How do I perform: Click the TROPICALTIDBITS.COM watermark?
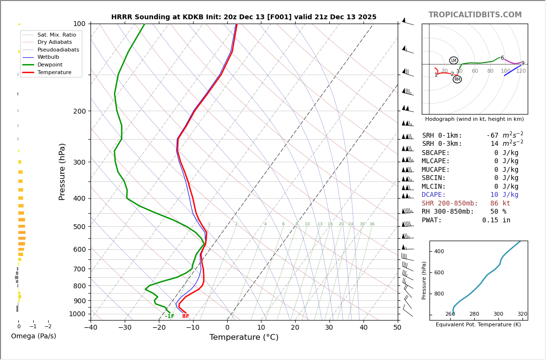(x=475, y=15)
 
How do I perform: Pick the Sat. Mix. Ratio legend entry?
(x=56, y=35)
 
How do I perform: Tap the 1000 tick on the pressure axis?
(x=77, y=314)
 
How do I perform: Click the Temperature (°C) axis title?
(x=244, y=337)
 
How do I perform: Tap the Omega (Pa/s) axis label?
(x=34, y=336)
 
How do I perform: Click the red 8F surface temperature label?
(x=185, y=316)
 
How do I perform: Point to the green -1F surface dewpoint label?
(x=169, y=316)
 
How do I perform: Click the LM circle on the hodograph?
(x=454, y=61)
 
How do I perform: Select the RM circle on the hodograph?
(x=457, y=79)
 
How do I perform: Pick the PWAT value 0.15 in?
(x=496, y=220)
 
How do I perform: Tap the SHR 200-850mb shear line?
(x=466, y=204)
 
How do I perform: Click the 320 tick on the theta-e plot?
(x=522, y=314)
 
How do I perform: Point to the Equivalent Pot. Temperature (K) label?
(x=478, y=325)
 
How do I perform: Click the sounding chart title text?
(x=244, y=17)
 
